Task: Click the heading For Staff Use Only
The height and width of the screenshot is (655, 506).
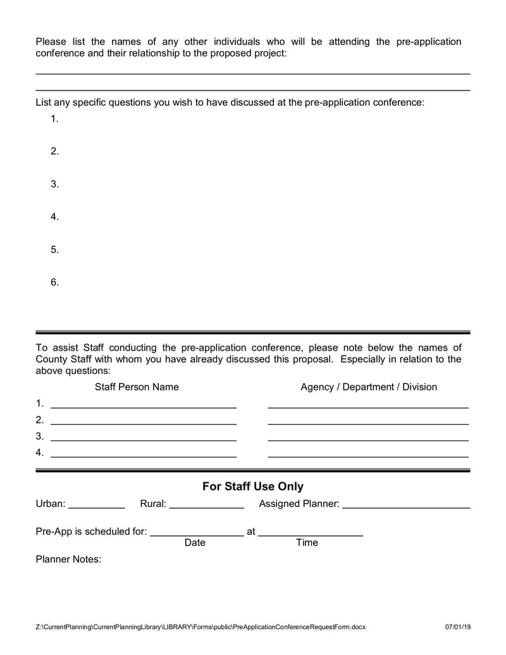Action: (252, 487)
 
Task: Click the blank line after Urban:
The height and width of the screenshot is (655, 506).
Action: (96, 507)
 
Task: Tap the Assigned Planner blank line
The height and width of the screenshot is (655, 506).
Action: (406, 507)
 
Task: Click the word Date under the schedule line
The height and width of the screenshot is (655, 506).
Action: (195, 543)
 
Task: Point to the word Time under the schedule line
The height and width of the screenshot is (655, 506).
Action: (307, 543)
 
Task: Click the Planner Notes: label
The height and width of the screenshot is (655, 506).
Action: (68, 559)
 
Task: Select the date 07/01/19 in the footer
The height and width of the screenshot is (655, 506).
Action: (458, 627)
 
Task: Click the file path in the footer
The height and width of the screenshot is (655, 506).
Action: (201, 627)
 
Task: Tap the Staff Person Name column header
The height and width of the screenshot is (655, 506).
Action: (137, 387)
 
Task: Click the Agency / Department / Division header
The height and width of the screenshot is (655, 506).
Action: (369, 387)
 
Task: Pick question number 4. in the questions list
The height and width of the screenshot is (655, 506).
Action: (55, 217)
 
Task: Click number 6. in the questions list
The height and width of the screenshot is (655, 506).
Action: (55, 282)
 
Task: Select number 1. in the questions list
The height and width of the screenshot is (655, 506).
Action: (55, 119)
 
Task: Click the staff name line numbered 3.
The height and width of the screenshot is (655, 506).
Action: (143, 439)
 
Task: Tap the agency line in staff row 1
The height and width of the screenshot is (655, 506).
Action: (368, 406)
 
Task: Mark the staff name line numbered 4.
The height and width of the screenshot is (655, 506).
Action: (143, 455)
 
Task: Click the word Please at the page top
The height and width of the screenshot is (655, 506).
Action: (51, 42)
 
